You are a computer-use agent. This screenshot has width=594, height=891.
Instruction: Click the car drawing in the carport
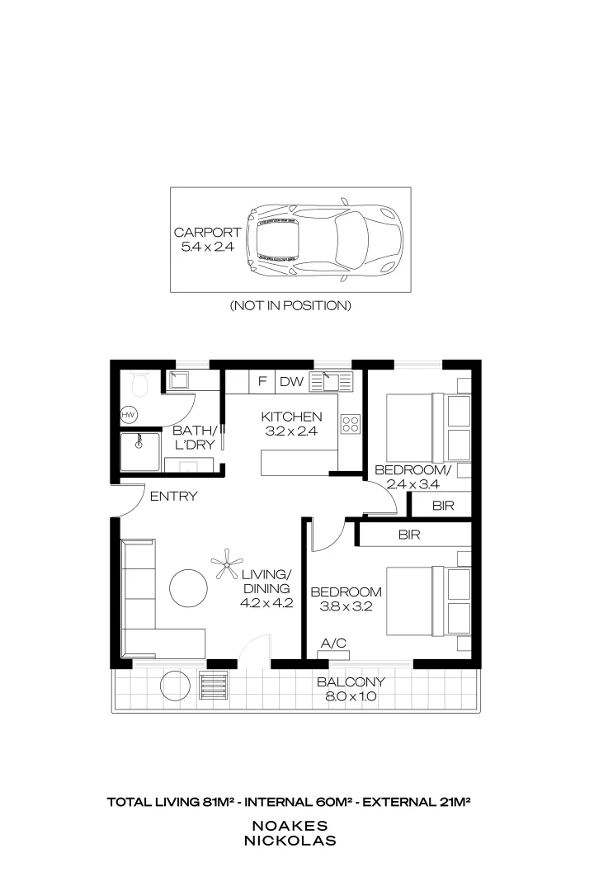coord(324,240)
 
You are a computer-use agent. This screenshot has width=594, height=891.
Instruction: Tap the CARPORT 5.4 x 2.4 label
coord(207,239)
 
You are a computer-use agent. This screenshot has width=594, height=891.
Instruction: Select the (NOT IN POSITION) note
coord(290,305)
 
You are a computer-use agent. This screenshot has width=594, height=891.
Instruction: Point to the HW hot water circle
coord(129,415)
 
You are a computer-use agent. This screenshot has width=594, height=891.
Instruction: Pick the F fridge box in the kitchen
coord(262,381)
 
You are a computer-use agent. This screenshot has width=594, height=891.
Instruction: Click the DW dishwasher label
coord(291,381)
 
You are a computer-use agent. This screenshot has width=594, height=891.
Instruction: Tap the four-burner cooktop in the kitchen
coord(350,424)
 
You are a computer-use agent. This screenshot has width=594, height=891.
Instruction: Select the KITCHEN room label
coord(291,417)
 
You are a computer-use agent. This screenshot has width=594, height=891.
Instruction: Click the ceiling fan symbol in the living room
coord(226,563)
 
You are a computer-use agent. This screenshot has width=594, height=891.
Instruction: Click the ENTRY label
coord(173,496)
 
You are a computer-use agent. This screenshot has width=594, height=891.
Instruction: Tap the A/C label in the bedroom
coord(333,643)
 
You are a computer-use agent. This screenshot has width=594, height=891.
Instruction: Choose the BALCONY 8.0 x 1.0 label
coord(351,689)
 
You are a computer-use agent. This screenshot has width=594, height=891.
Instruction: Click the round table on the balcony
coord(175,686)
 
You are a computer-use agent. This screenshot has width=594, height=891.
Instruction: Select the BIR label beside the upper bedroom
coord(443,505)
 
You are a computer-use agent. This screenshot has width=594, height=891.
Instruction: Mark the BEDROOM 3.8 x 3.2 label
coord(346,599)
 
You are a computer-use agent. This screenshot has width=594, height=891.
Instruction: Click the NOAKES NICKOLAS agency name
coord(290,833)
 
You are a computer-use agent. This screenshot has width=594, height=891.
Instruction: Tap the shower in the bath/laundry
coord(140,452)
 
